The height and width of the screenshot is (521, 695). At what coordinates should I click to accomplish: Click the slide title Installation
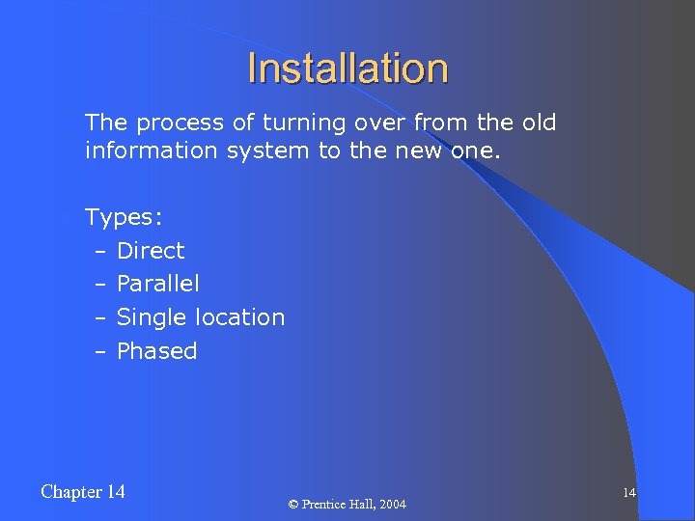pos(347,69)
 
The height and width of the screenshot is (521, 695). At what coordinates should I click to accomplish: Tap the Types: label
pos(123,217)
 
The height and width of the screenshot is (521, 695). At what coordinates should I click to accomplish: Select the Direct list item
pos(151,251)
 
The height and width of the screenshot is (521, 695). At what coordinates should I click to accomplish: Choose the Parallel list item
pos(158,284)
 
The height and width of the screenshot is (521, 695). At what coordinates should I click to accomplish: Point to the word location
pos(240,317)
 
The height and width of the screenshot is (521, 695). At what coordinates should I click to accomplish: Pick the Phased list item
pos(156,351)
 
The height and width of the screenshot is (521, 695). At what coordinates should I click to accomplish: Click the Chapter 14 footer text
pos(83,492)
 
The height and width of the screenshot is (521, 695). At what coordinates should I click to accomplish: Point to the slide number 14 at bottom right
pos(628,493)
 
